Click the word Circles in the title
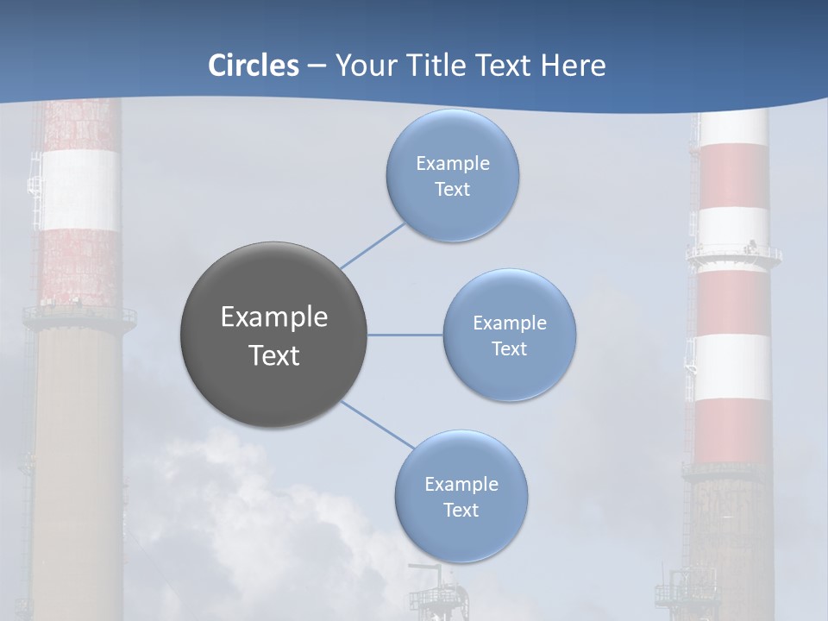click(x=253, y=66)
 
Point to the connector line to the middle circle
click(x=405, y=335)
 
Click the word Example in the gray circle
click(x=274, y=317)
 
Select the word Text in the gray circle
click(x=274, y=355)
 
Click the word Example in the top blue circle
click(x=452, y=164)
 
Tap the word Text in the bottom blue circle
click(x=461, y=511)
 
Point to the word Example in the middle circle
click(x=510, y=323)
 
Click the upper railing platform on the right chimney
click(x=734, y=254)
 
